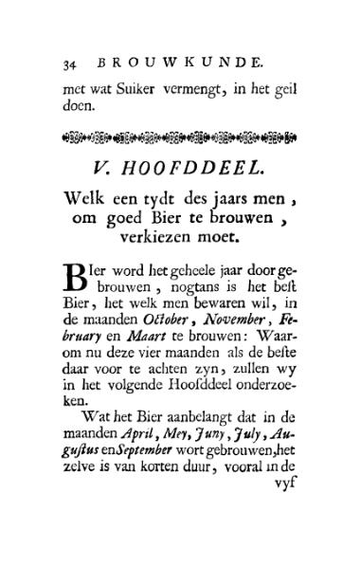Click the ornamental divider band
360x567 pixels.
point(179,139)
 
